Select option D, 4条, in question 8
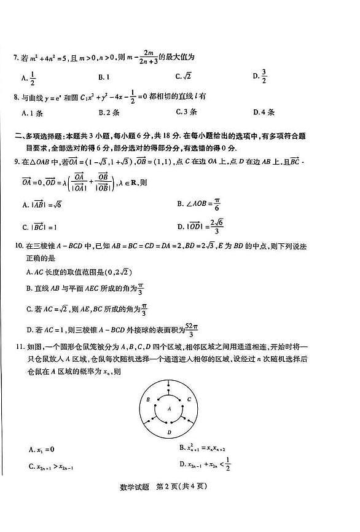[x=264, y=112]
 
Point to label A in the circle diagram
[x=169, y=408]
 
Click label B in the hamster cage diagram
[x=148, y=399]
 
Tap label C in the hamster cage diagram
[x=189, y=399]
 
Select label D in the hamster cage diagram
[x=169, y=432]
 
